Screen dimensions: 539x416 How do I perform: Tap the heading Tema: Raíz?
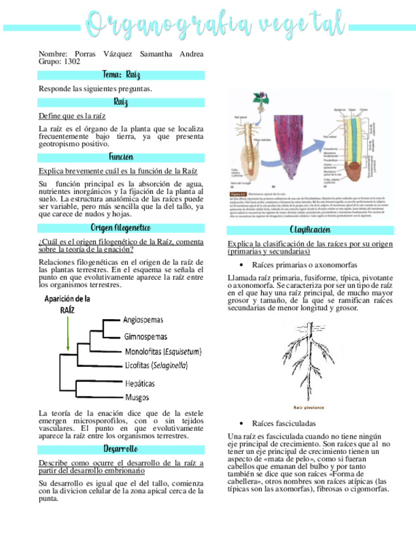(121, 75)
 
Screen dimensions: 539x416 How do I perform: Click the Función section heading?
(121, 157)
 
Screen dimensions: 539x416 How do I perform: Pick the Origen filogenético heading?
(121, 228)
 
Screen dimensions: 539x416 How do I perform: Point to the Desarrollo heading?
(121, 449)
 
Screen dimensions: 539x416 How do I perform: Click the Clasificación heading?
(309, 229)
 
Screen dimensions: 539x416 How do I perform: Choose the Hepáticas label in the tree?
(140, 384)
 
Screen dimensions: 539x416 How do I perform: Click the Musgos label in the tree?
(137, 398)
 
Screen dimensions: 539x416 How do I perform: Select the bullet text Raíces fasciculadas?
(283, 423)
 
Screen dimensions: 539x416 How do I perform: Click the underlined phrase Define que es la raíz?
(72, 116)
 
